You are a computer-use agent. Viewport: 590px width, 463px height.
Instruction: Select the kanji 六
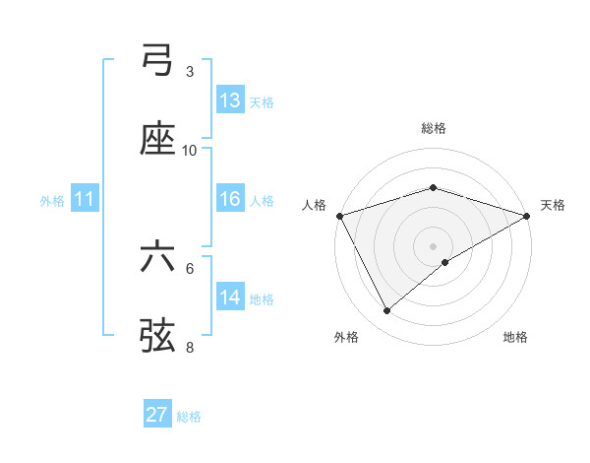157,258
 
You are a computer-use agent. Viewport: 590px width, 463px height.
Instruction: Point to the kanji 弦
157,335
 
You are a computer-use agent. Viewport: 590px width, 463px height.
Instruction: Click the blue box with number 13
229,99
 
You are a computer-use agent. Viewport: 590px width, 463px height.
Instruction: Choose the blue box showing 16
229,199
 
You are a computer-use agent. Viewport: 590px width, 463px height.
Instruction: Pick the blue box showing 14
229,298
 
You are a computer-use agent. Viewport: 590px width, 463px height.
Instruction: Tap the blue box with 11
84,199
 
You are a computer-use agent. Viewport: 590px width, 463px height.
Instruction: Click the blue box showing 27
157,415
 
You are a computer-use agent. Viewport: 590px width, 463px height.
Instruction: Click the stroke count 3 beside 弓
190,72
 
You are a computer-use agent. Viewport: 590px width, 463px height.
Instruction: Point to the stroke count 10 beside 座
190,151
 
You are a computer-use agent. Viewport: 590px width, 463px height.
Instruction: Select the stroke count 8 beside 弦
190,347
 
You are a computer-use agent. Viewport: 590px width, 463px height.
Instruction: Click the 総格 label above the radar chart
434,128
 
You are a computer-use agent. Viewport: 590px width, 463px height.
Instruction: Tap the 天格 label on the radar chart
553,205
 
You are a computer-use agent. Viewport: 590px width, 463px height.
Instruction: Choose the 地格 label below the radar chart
515,337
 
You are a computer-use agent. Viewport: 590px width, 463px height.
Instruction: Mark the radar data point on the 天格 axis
528,216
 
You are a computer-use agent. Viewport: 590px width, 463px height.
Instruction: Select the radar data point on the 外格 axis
387,311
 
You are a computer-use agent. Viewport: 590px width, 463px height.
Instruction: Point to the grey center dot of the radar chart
434,245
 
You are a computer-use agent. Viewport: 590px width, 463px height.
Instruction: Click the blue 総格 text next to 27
189,417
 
